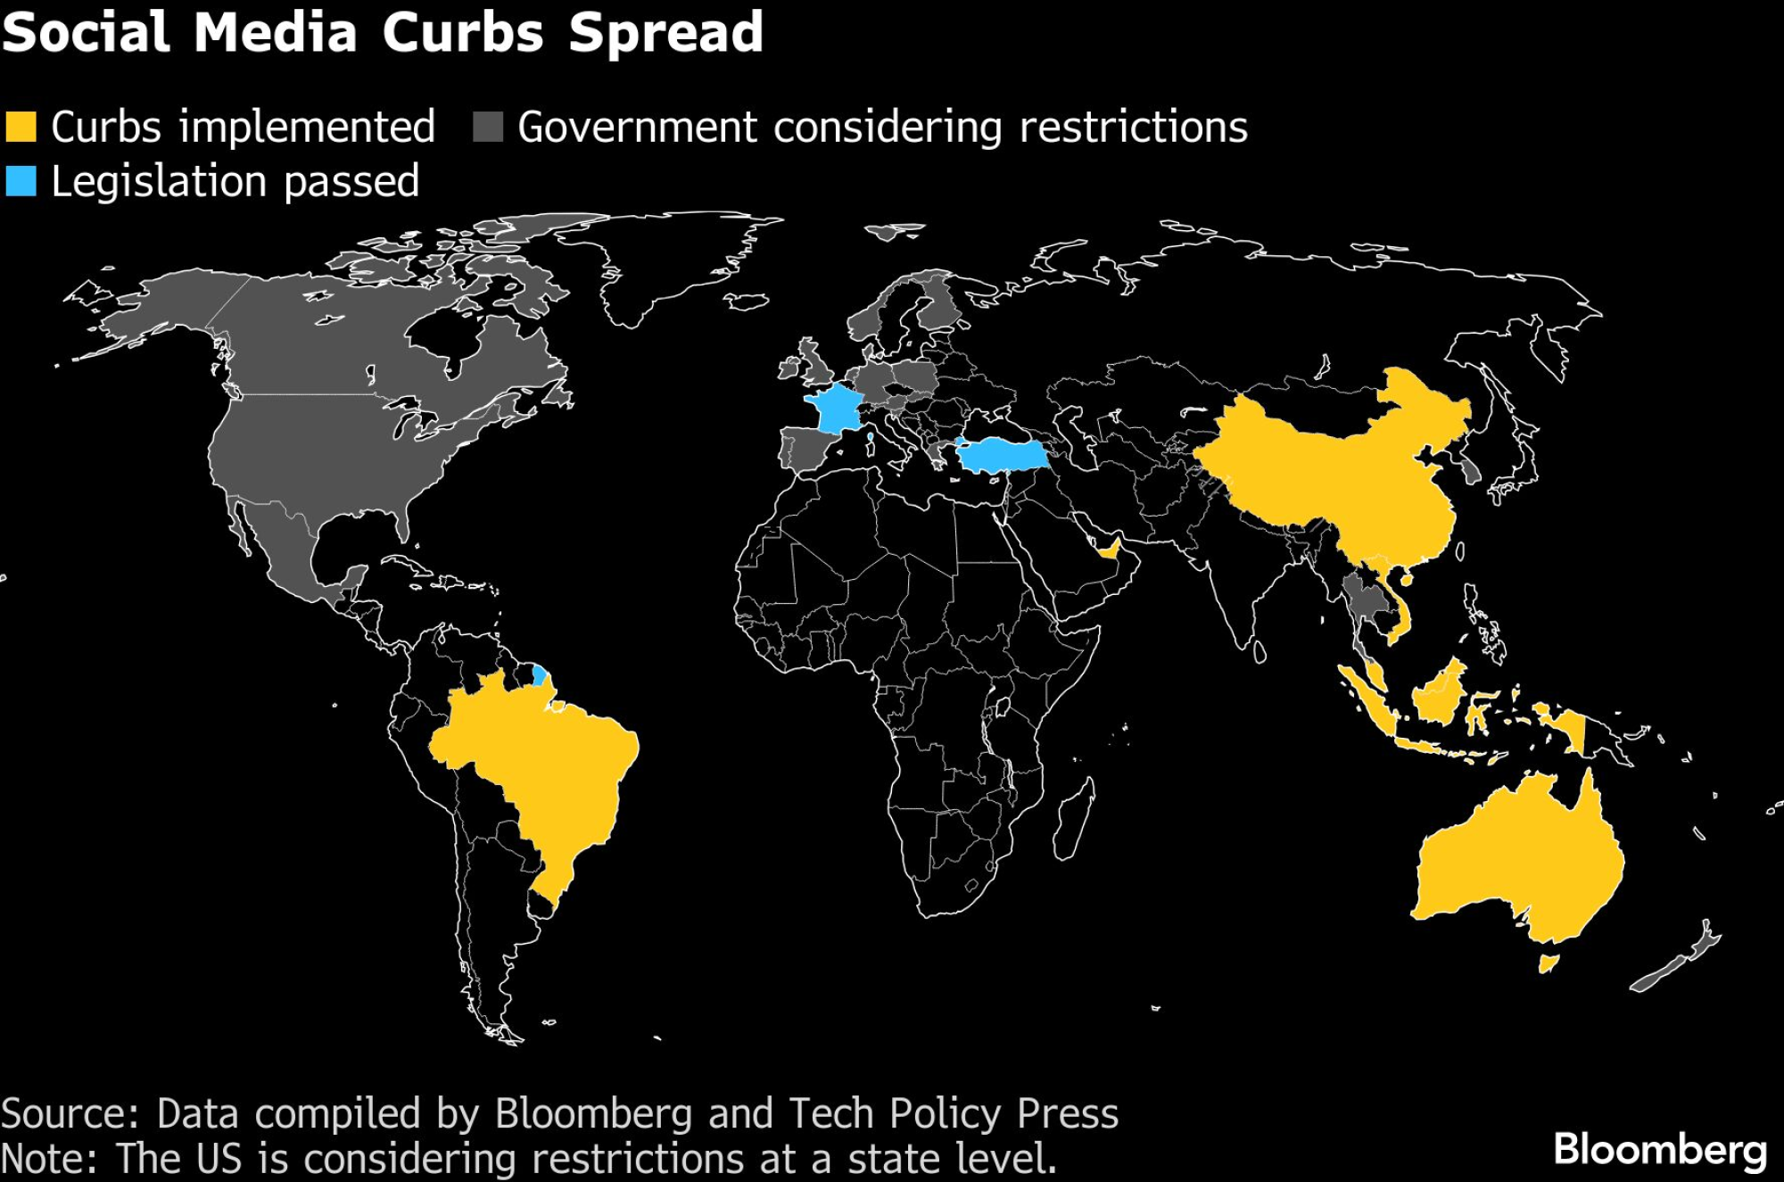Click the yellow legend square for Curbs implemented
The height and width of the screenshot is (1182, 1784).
click(x=21, y=127)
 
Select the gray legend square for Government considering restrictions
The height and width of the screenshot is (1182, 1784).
click(x=488, y=127)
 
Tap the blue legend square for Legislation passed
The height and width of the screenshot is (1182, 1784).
click(x=21, y=181)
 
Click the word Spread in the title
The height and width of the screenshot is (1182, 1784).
click(x=665, y=32)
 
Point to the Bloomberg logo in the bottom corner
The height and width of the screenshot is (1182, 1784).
click(x=1660, y=1149)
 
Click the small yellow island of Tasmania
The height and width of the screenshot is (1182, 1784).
click(x=1548, y=963)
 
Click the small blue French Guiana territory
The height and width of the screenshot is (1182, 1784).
click(x=539, y=674)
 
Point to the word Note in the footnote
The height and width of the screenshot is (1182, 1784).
click(x=49, y=1158)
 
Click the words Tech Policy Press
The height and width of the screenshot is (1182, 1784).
click(x=954, y=1114)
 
